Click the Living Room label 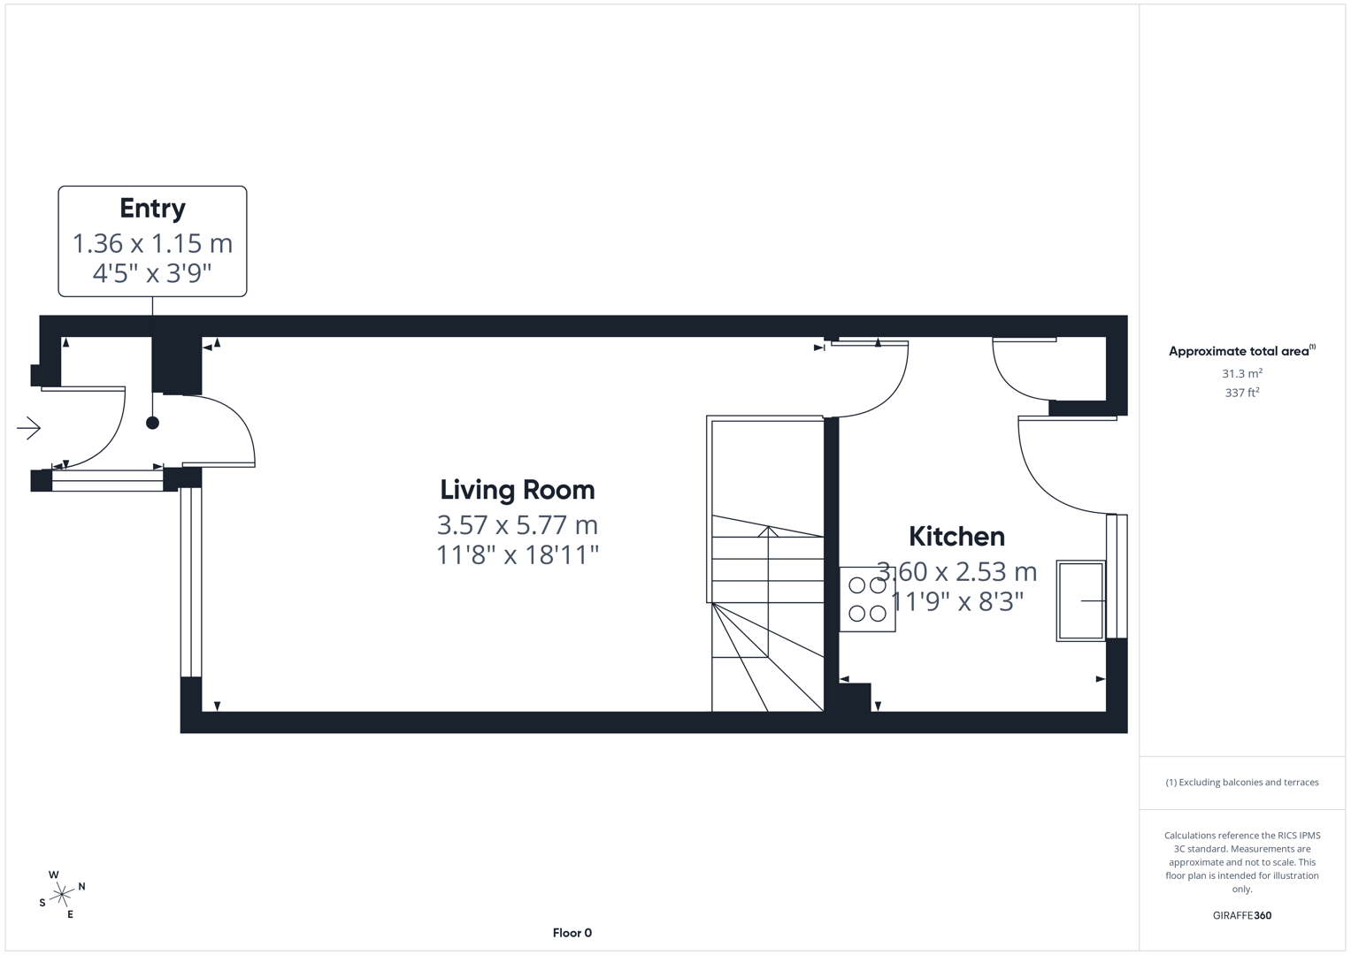[x=518, y=490]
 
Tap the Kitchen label [x=956, y=537]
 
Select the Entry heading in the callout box [x=152, y=209]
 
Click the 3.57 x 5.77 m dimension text [x=518, y=525]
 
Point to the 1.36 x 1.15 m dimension [x=152, y=243]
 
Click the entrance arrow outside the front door [x=29, y=428]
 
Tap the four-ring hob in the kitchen [x=867, y=599]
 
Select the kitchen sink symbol [x=1081, y=600]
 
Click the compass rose [x=61, y=895]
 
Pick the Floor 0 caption [x=572, y=933]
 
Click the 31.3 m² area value [x=1242, y=374]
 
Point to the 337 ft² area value [x=1242, y=393]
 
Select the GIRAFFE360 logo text [x=1241, y=915]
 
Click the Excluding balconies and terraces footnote [x=1241, y=783]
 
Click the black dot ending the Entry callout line [x=152, y=423]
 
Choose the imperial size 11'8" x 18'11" [x=518, y=555]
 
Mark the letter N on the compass [x=82, y=886]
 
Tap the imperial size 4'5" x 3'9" [x=152, y=273]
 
